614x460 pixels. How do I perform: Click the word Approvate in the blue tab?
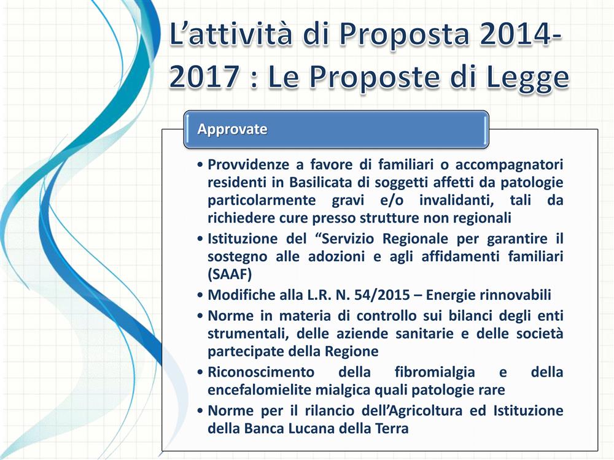click(232, 129)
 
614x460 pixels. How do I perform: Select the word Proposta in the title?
click(404, 34)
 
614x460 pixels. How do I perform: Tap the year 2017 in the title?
click(204, 76)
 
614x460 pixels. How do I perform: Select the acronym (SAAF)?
click(230, 274)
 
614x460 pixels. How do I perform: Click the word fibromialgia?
click(435, 372)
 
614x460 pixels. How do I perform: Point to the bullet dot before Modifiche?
click(201, 296)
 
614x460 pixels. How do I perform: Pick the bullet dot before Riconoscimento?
click(201, 372)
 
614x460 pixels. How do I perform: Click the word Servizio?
click(345, 239)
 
